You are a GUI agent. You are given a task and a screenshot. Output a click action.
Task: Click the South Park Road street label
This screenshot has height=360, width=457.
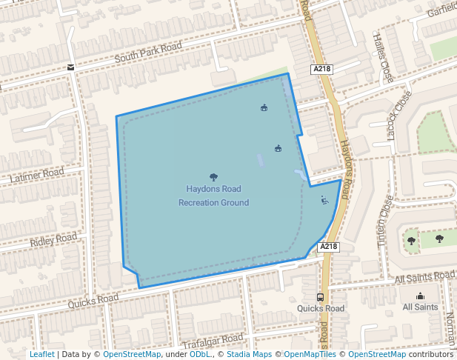click(x=148, y=53)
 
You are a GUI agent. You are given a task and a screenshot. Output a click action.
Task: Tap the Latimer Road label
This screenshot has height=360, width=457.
click(x=37, y=176)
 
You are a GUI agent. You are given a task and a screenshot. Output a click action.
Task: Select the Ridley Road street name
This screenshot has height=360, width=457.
click(x=53, y=240)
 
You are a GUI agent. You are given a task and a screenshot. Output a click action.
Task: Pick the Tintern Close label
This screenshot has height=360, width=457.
click(x=384, y=219)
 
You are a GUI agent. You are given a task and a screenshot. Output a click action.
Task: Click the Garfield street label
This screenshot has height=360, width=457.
click(x=442, y=13)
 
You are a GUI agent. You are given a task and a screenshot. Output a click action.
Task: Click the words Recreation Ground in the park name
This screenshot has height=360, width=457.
click(x=213, y=202)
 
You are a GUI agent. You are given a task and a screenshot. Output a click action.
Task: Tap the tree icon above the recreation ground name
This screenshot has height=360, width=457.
click(x=213, y=177)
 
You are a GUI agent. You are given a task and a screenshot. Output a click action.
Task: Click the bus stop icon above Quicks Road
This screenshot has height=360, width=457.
click(x=320, y=297)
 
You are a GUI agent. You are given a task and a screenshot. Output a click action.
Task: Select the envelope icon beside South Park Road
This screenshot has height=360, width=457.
click(x=70, y=67)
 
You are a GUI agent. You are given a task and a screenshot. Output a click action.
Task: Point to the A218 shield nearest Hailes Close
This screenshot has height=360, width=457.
click(x=321, y=69)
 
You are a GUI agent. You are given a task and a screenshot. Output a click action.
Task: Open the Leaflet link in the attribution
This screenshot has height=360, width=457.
click(x=41, y=354)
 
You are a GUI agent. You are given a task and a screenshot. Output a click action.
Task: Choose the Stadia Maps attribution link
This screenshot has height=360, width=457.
click(x=249, y=354)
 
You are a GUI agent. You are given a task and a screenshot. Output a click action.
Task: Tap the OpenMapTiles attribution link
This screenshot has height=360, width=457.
click(x=310, y=354)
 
